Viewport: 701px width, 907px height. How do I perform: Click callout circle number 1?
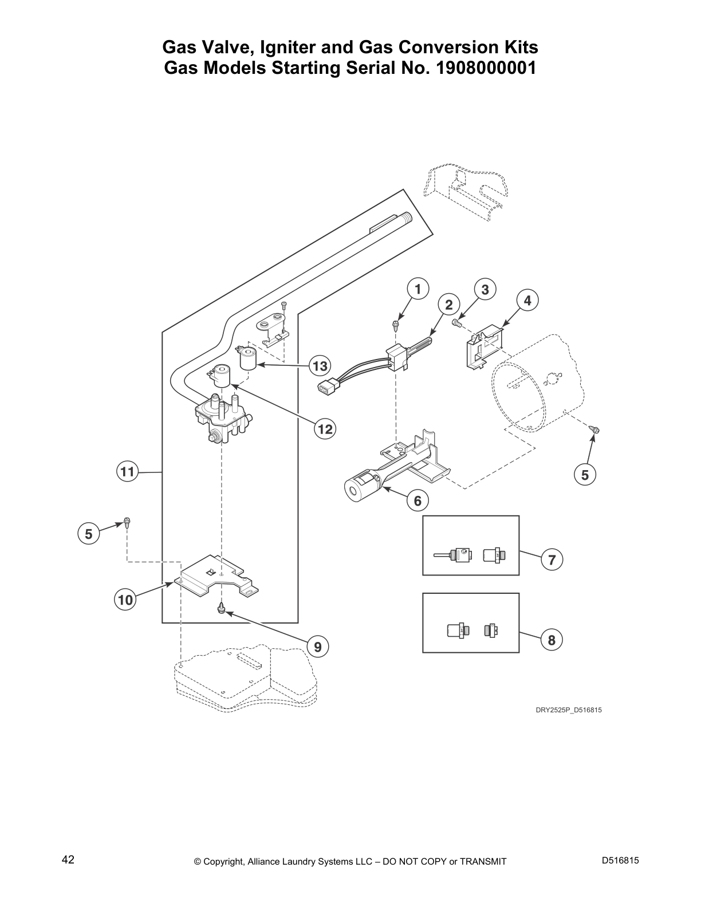[x=418, y=289]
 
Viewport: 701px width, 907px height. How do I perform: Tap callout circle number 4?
[x=527, y=300]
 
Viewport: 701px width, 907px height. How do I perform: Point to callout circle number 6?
[x=418, y=501]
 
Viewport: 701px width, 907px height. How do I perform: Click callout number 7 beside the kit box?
[x=552, y=559]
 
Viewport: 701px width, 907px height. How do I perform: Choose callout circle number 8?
[x=552, y=640]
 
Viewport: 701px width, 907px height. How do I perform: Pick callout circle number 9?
[x=317, y=646]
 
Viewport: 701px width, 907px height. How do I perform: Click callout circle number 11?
[x=127, y=472]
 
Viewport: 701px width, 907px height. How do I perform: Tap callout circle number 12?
[x=325, y=428]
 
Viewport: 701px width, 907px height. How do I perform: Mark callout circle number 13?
[x=320, y=365]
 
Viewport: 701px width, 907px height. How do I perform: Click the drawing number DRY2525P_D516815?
[x=568, y=710]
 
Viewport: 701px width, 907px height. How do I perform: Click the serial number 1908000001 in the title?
[x=486, y=68]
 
